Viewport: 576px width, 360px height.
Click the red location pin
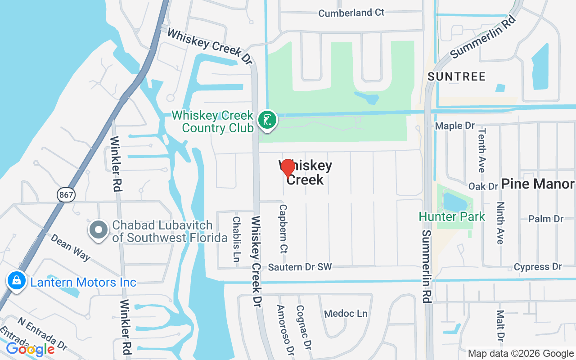pyautogui.click(x=288, y=168)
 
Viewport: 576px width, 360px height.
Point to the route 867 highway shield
pyautogui.click(x=66, y=194)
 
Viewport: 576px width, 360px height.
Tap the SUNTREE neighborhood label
pyautogui.click(x=457, y=77)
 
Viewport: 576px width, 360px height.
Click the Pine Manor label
pyautogui.click(x=537, y=184)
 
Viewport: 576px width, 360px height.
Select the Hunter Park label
pyautogui.click(x=452, y=216)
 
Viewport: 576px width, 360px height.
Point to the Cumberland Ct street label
pyautogui.click(x=351, y=13)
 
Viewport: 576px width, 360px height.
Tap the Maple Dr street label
pyautogui.click(x=455, y=126)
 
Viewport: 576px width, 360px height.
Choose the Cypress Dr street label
pyautogui.click(x=538, y=267)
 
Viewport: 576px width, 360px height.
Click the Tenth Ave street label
pyautogui.click(x=482, y=150)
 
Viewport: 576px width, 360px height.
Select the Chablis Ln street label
pyautogui.click(x=236, y=239)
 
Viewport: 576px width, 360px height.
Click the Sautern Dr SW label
pyautogui.click(x=300, y=267)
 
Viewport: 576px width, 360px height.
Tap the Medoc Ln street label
pyautogui.click(x=346, y=313)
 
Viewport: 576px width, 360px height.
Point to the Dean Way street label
pyautogui.click(x=71, y=247)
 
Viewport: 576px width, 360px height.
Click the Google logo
pyautogui.click(x=30, y=349)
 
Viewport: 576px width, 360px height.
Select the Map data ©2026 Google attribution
pyautogui.click(x=521, y=353)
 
